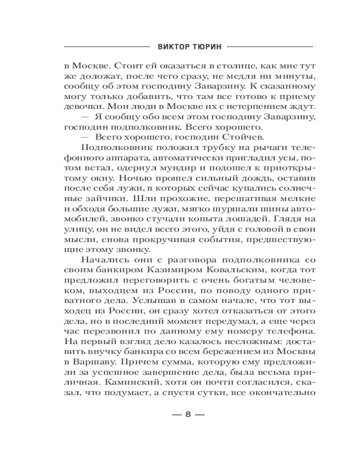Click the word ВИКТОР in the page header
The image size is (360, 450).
pos(171,46)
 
